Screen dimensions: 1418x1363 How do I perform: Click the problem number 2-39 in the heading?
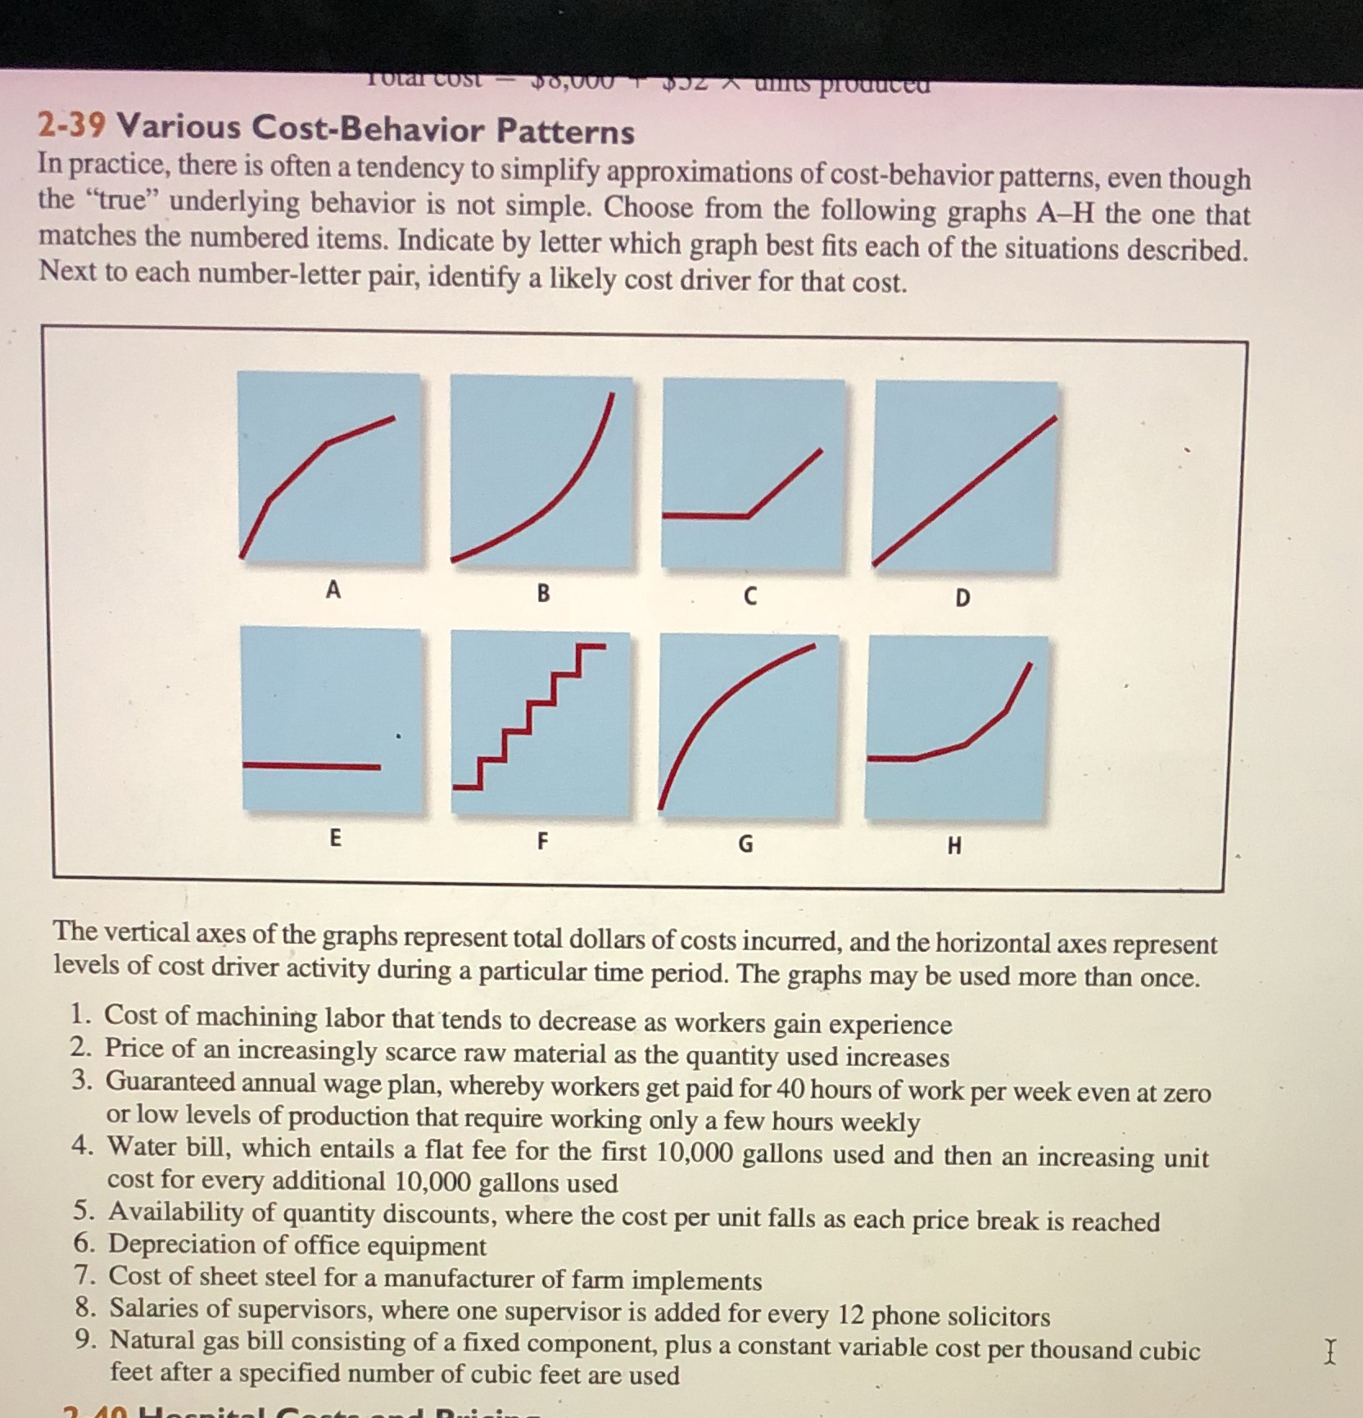[x=71, y=125]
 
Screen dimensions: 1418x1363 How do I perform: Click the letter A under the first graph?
[x=333, y=589]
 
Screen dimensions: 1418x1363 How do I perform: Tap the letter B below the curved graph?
[x=543, y=593]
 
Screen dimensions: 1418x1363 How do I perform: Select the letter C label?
[x=749, y=597]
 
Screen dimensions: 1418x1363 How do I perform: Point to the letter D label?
[x=962, y=598]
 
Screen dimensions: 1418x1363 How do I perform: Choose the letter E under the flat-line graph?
[x=335, y=838]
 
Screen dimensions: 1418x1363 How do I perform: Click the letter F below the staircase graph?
[x=542, y=840]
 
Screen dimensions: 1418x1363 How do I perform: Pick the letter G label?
[x=745, y=844]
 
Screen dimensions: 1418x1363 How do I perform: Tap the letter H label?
[x=954, y=846]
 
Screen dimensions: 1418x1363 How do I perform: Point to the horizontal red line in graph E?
[x=311, y=766]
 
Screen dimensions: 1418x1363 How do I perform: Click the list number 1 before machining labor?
[x=79, y=1014]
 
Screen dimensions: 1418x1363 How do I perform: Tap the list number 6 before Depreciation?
[x=84, y=1244]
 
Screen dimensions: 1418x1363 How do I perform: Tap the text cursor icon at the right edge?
[x=1330, y=1351]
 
